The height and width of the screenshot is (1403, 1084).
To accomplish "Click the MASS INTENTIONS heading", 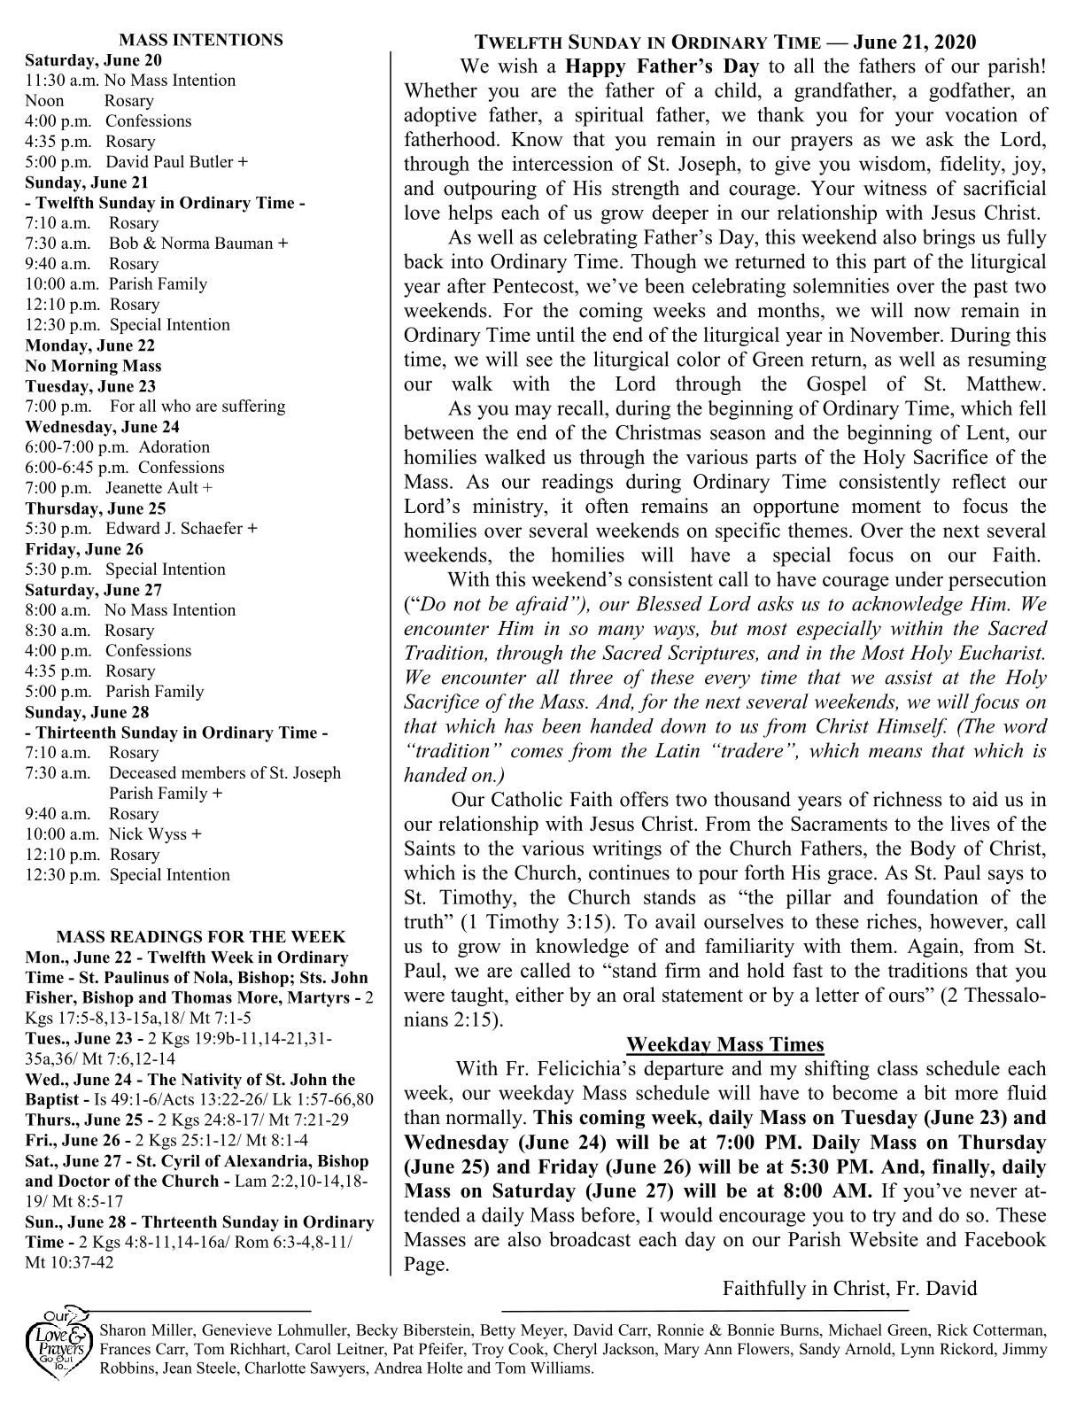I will [x=201, y=40].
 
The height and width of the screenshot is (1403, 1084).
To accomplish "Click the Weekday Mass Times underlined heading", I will [x=724, y=1044].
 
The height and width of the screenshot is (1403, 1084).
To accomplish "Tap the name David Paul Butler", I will [x=170, y=162].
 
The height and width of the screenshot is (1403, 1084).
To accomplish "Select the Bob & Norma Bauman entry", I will [x=192, y=244].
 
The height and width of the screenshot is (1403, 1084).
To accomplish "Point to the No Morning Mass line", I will [x=93, y=366].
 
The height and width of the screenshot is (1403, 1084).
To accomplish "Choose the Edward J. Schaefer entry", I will [x=174, y=529].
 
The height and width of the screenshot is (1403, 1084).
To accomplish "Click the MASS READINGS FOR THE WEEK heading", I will [x=201, y=937].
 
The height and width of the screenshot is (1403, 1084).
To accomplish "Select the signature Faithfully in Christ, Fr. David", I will [x=849, y=1288].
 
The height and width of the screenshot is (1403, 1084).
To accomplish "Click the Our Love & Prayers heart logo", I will [x=59, y=1345].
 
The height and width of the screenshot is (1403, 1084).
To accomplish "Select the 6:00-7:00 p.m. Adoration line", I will [x=118, y=447].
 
